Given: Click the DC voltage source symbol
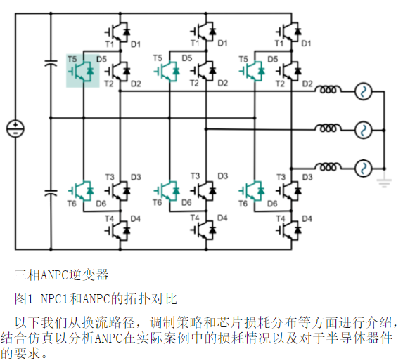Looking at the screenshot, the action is coord(15,129).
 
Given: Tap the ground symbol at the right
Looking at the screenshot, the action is coord(384,183).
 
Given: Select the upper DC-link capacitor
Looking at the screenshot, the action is coord(51,63).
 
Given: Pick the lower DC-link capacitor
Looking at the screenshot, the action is coord(51,192).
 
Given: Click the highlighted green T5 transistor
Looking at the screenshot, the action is coord(83,71).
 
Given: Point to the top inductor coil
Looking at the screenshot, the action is coord(328,90).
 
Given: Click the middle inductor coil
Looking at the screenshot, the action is coord(328,128).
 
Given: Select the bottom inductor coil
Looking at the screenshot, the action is coord(328,166).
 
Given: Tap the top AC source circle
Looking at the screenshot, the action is coord(363,91).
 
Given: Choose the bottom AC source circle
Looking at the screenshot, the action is coord(363,169).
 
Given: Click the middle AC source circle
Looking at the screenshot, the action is coord(363,130).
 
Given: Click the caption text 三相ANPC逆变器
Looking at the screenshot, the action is coord(61,275).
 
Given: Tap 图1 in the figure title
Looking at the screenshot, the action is coord(24,298).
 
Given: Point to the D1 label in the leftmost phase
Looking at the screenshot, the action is coord(136,44).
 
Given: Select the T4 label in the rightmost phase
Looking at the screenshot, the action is coord(281,219).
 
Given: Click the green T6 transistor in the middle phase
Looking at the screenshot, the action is coord(168,191).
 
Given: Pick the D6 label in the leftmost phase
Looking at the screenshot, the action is coord(101,204).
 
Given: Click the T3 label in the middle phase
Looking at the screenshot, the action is coord(195,176).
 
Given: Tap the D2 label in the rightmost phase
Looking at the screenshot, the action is coord(307,84).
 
